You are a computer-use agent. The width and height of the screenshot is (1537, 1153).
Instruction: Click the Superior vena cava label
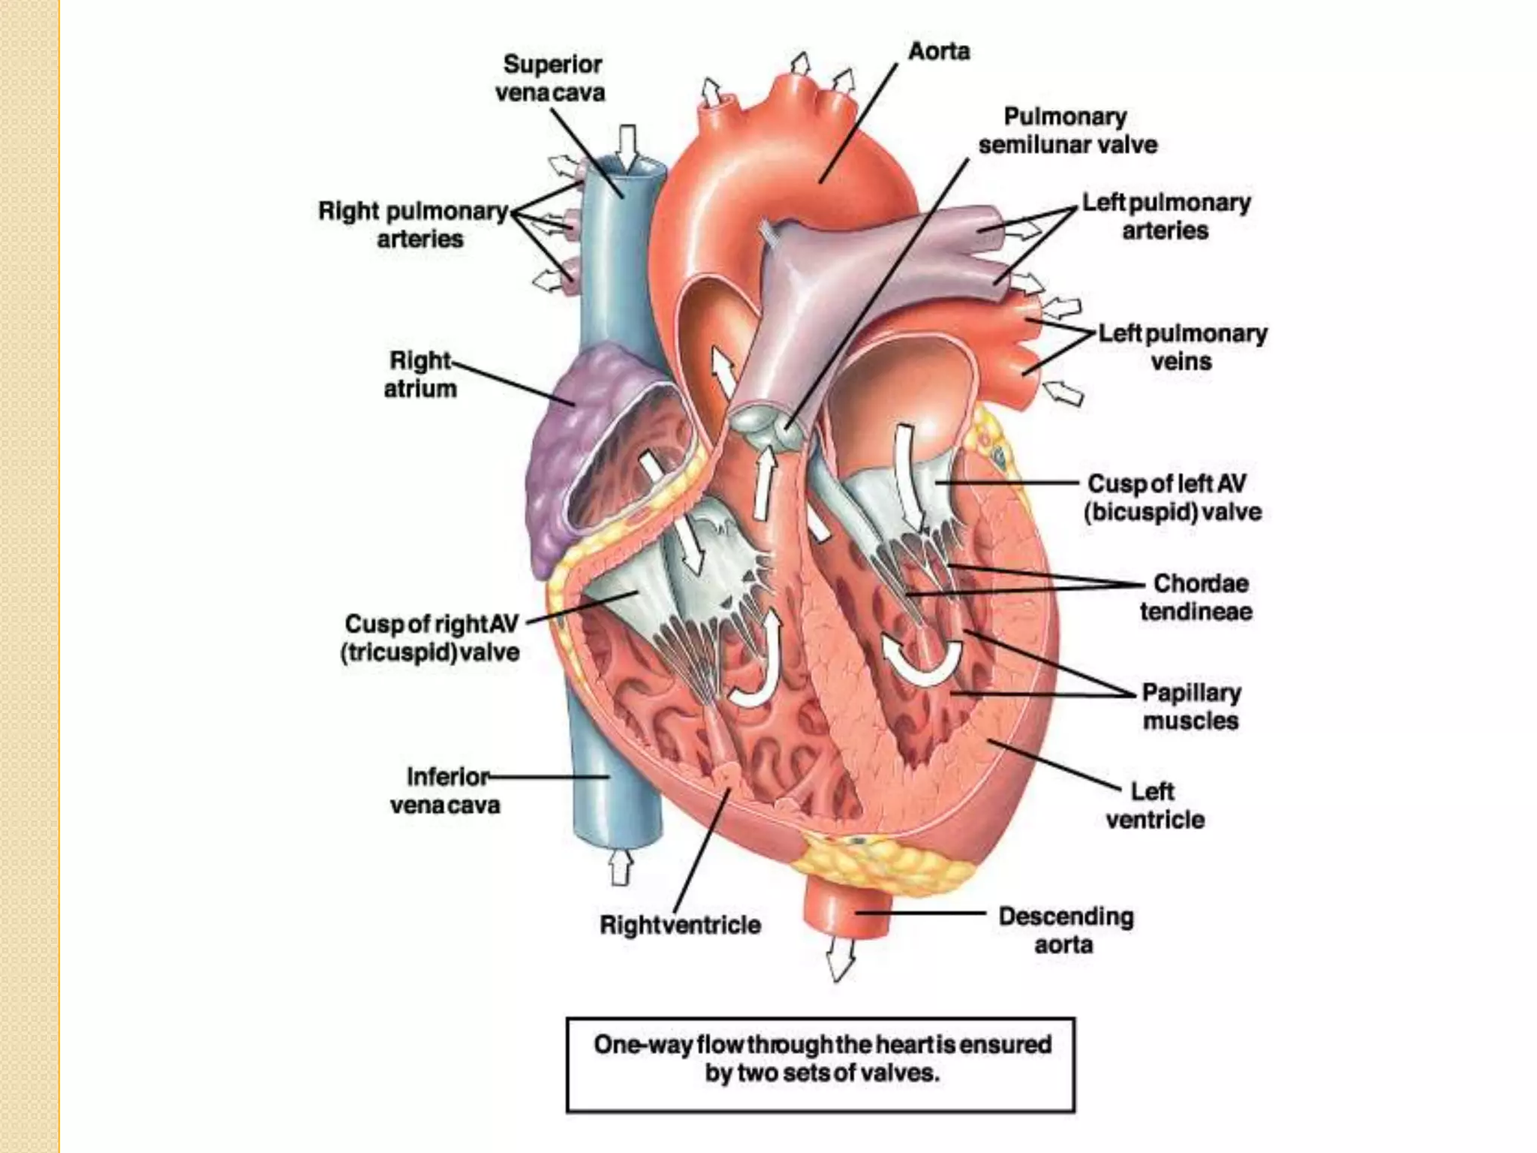coord(551,78)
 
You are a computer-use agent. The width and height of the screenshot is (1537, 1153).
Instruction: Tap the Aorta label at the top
coord(939,51)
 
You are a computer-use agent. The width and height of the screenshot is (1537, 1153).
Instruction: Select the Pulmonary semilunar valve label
coord(1067,131)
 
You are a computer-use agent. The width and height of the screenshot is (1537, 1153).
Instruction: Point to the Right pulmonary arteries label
coord(414,224)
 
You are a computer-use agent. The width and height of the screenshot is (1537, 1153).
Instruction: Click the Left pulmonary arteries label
coord(1166,216)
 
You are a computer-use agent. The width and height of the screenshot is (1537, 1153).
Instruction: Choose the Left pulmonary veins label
coord(1182,347)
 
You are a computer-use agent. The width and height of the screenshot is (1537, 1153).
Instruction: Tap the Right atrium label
coord(420,375)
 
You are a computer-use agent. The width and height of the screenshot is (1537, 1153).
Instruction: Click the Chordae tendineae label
coord(1196,597)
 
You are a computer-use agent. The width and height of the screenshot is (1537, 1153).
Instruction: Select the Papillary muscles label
coord(1191,706)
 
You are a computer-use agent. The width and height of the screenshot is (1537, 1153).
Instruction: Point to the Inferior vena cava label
coord(447,790)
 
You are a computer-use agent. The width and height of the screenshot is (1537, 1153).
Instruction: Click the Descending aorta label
coord(1065,930)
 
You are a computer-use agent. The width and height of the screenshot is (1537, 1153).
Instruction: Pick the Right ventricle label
coord(680,925)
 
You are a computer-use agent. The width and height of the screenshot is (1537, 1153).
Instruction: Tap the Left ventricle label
coord(1154,805)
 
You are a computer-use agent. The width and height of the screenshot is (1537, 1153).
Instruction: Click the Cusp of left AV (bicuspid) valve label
coord(1172,498)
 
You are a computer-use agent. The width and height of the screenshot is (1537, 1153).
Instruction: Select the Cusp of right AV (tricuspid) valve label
coord(431,638)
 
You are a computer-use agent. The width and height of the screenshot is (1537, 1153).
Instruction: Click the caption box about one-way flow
coord(820,1064)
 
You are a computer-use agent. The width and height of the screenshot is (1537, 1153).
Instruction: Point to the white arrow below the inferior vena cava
coord(619,868)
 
